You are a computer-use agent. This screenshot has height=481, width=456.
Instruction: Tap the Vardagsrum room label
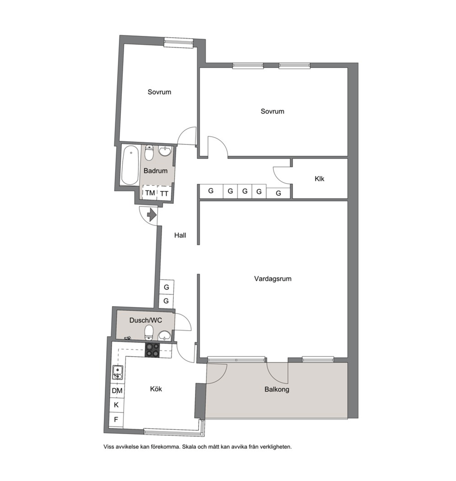(x=273, y=279)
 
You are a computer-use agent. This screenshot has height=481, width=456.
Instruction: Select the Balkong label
(x=277, y=389)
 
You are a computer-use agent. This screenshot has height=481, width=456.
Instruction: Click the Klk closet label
(x=319, y=178)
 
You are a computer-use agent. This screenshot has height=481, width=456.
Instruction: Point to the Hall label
(x=180, y=235)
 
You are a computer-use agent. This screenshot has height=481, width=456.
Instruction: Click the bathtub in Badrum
(x=130, y=166)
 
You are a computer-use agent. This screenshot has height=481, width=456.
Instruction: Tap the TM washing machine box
(x=150, y=193)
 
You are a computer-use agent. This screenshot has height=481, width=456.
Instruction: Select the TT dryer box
(x=165, y=193)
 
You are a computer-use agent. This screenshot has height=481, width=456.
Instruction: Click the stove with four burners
(x=153, y=350)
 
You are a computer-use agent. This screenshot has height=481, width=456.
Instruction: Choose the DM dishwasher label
(x=117, y=391)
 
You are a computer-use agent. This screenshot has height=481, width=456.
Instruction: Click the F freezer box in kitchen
(x=116, y=419)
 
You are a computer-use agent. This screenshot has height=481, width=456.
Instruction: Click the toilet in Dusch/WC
(x=149, y=332)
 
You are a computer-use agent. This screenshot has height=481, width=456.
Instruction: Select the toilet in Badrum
(x=149, y=153)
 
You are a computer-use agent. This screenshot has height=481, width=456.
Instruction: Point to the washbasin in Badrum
(x=165, y=151)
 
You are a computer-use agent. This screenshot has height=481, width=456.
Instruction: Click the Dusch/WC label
(x=146, y=320)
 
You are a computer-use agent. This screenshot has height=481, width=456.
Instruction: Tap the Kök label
(x=156, y=389)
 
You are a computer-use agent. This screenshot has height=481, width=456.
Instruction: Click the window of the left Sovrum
(x=178, y=42)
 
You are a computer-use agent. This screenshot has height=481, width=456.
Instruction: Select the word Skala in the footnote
(x=189, y=447)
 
